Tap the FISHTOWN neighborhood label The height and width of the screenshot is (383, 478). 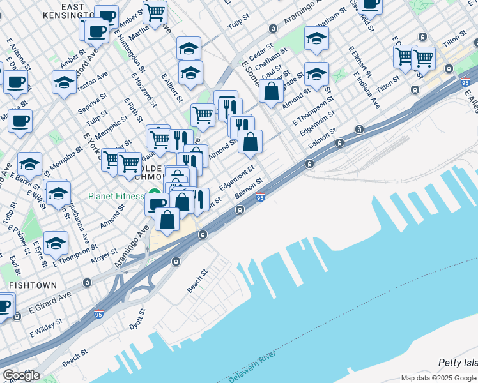[x=33, y=285]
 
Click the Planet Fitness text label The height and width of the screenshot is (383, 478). [x=116, y=196]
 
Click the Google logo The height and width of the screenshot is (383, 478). [x=21, y=375]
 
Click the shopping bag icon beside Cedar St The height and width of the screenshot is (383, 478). [x=272, y=92]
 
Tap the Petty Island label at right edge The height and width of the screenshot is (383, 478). [x=458, y=363]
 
